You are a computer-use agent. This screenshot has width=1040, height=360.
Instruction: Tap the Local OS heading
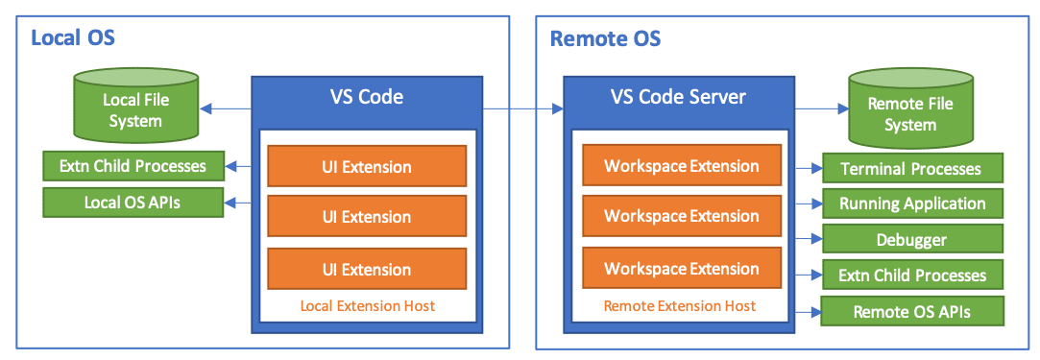coord(73,37)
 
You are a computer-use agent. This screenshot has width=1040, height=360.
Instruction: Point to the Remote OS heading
coord(606,38)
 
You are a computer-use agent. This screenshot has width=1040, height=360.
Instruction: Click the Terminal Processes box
coord(912,168)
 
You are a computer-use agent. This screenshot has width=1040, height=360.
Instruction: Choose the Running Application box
coord(912,204)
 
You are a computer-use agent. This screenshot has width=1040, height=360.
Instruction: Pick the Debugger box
coord(912,239)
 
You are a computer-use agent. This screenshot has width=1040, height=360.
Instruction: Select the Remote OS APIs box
coord(912,311)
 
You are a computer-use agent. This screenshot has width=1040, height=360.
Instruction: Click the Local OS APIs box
coord(133,202)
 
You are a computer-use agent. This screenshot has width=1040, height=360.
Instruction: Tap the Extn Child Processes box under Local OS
coord(133,166)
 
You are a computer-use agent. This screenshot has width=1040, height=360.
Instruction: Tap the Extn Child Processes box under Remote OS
coord(912,275)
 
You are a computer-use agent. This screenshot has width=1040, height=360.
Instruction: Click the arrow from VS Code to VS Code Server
coord(523,108)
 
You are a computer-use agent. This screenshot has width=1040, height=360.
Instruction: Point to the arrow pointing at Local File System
coord(226,108)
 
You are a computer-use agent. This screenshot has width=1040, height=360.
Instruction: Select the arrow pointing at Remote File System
coord(822,108)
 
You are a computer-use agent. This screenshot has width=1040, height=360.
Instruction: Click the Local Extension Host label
coord(368,305)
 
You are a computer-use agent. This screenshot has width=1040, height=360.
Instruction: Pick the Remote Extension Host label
coord(679,305)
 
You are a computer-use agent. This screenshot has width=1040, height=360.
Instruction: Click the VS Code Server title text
coord(678,97)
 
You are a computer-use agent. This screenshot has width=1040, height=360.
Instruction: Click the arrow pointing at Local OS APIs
coord(238,202)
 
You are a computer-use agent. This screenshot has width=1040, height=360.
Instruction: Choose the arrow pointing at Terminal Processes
coord(810,168)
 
